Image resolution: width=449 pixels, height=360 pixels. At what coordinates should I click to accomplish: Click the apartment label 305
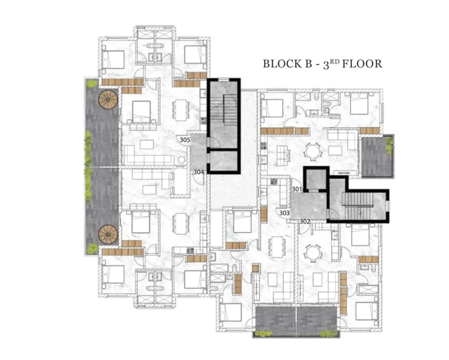(x=185, y=140)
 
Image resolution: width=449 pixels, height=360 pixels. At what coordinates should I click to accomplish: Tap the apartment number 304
(x=199, y=172)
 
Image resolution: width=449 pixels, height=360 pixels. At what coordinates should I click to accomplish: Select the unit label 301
(x=297, y=189)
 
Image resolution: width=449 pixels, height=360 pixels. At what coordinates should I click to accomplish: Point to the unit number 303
(x=284, y=213)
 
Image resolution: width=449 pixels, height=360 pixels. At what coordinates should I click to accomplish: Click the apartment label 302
(x=305, y=221)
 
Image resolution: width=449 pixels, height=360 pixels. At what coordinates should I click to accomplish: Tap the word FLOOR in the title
(x=362, y=64)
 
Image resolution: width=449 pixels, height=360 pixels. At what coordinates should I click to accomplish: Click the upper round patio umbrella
(x=108, y=100)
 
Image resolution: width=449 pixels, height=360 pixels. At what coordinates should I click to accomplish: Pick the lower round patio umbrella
(x=108, y=235)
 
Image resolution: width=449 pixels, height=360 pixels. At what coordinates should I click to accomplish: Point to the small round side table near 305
(x=181, y=160)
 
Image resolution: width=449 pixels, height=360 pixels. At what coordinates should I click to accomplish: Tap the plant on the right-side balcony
(x=389, y=144)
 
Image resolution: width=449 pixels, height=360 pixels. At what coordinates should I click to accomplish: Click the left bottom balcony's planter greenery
(x=264, y=333)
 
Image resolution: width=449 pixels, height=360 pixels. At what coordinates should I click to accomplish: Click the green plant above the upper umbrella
(x=92, y=84)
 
